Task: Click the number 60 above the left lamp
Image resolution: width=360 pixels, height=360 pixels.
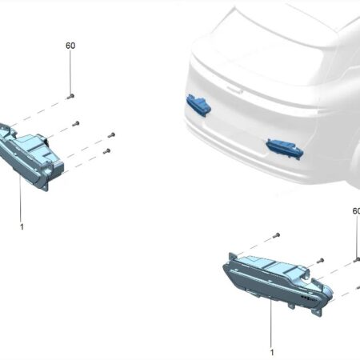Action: [x=70, y=46]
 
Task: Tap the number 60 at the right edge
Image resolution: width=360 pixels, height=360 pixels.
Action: [x=356, y=211]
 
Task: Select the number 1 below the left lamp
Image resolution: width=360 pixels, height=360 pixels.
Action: [x=22, y=227]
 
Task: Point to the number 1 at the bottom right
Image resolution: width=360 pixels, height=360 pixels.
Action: [x=272, y=353]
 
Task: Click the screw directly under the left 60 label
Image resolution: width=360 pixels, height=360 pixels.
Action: [x=70, y=97]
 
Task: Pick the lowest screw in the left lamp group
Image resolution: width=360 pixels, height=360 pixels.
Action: [x=106, y=151]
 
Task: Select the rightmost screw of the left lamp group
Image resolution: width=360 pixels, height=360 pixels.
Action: [x=111, y=135]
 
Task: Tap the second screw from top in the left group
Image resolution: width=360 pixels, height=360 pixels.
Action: [x=76, y=123]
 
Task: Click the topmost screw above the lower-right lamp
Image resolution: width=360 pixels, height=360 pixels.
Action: [x=276, y=235]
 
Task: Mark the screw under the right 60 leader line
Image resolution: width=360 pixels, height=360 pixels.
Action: [x=357, y=259]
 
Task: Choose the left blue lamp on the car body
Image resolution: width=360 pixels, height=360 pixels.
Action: [x=198, y=105]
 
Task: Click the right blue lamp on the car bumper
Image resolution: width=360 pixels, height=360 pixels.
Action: [x=285, y=149]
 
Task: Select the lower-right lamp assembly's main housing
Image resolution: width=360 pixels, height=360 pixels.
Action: [x=278, y=282]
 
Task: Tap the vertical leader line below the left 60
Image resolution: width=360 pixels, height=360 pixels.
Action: [x=70, y=72]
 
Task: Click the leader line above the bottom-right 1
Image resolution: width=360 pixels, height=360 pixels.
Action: [x=271, y=323]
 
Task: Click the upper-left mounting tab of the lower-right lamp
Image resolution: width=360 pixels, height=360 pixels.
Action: [x=232, y=256]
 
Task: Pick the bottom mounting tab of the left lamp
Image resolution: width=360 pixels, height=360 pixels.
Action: [x=46, y=186]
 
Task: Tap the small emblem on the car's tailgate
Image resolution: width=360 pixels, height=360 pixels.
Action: [x=235, y=90]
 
